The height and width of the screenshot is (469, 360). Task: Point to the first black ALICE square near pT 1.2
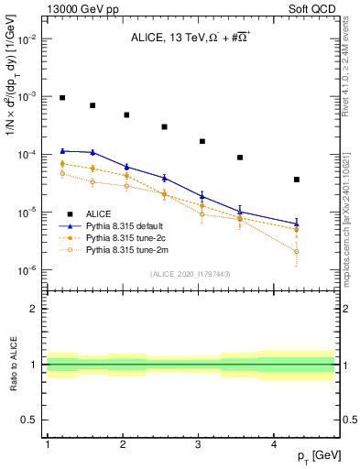(62, 97)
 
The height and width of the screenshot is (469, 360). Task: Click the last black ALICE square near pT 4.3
(297, 180)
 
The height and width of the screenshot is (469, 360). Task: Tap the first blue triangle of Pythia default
(62, 150)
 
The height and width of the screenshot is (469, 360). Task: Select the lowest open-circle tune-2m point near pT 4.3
(297, 251)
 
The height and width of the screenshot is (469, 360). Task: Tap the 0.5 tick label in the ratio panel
(32, 420)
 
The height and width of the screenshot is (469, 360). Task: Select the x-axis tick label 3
(199, 443)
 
